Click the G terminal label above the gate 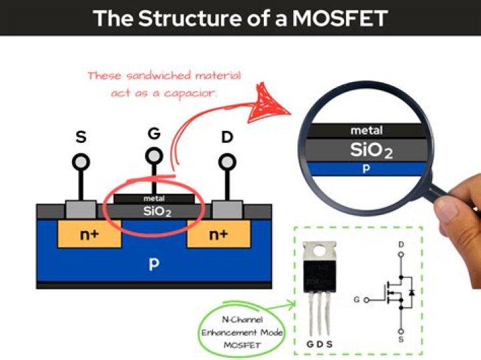click(154, 134)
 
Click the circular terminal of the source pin click(82, 162)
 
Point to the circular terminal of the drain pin click(227, 162)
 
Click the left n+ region click(90, 234)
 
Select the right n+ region click(218, 234)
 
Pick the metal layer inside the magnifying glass click(366, 131)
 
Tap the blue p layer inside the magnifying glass click(366, 169)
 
